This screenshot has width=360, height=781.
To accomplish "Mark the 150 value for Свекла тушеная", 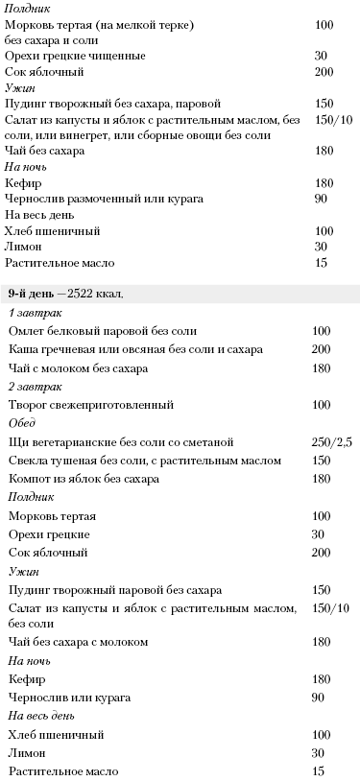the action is [x=322, y=460].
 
